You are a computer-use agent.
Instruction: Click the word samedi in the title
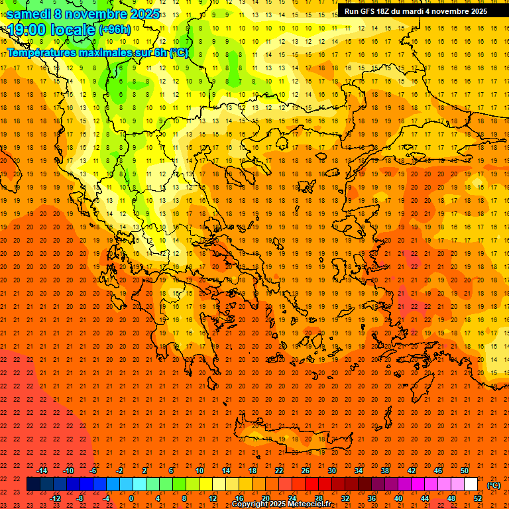(28, 14)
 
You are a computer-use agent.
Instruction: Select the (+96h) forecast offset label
(115, 29)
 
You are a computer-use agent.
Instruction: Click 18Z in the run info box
(390, 11)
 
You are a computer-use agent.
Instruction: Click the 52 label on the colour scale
(478, 498)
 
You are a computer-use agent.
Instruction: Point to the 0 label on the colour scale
(131, 498)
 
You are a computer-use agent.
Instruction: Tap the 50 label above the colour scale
(464, 471)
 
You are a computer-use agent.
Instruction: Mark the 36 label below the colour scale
(372, 498)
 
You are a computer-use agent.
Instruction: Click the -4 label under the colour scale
(106, 498)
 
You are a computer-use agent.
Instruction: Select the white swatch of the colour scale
(471, 484)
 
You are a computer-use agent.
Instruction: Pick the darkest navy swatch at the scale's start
(33, 484)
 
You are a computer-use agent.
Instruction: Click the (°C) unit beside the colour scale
(494, 485)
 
